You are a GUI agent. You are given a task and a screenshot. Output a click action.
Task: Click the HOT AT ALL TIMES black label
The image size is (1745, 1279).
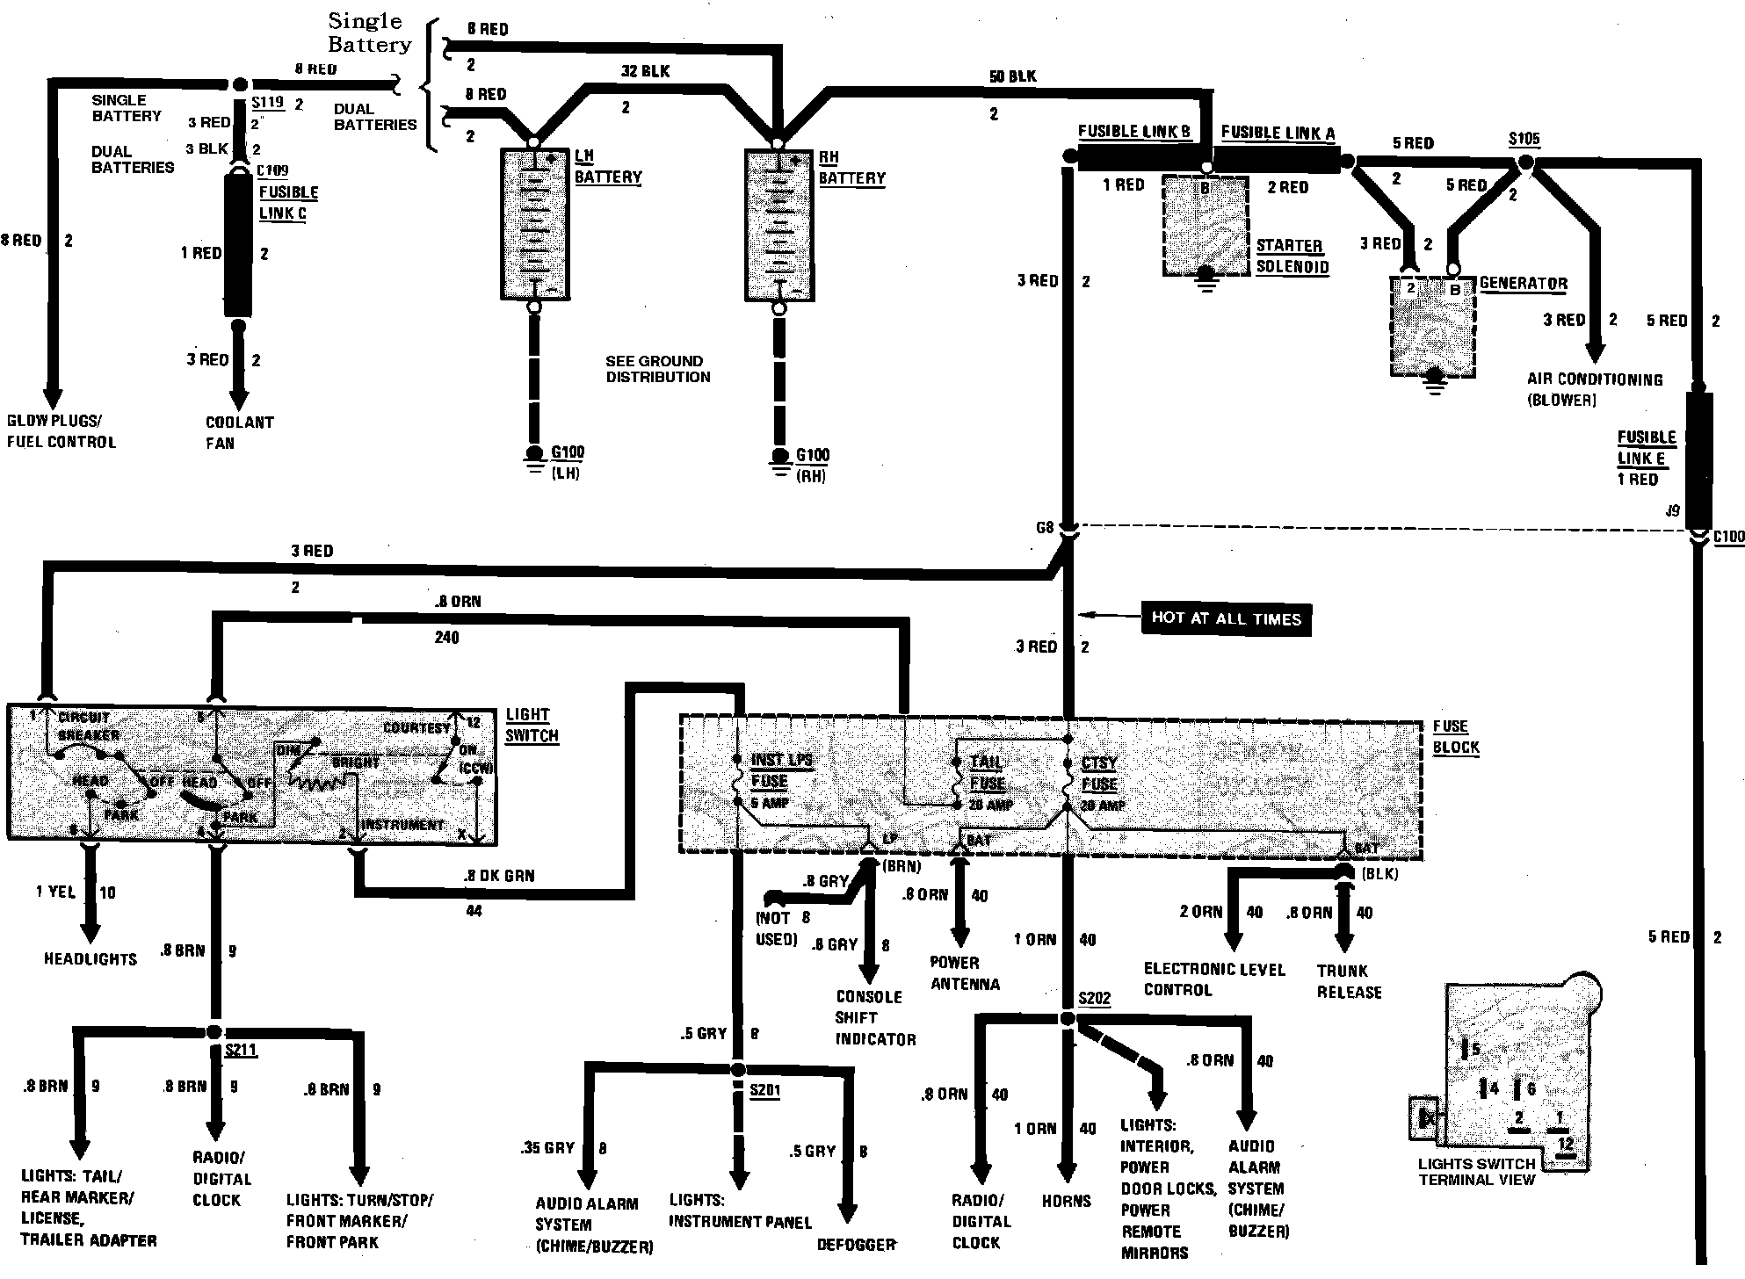[x=1226, y=618]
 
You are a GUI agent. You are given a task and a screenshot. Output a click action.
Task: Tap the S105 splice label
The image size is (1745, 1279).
[x=1524, y=139]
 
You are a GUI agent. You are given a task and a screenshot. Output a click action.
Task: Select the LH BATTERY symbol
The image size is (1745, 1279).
[x=534, y=224]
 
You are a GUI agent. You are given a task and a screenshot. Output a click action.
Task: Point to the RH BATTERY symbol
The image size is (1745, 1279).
[x=778, y=225]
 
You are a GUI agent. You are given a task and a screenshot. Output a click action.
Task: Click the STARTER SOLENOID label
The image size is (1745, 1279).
[x=1291, y=257]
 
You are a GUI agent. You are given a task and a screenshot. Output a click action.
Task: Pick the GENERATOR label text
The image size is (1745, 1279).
[x=1524, y=284]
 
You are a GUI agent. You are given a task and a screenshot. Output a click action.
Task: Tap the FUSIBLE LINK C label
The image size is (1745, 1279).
[x=288, y=203]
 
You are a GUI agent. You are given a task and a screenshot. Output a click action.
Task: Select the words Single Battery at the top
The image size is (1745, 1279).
[x=369, y=33]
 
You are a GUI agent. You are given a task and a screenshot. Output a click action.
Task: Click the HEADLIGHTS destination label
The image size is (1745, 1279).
[x=91, y=959]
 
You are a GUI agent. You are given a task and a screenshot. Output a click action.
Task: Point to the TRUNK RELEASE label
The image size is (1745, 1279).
[x=1348, y=981]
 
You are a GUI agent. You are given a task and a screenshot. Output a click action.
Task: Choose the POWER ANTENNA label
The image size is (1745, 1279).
[x=964, y=973]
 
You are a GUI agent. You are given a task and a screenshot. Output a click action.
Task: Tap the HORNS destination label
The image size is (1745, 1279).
[x=1066, y=1201]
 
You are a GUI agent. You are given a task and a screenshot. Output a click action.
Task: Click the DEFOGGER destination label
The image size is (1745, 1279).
[x=856, y=1245]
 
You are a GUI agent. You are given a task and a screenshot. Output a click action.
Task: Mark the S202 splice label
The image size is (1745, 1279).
[x=1095, y=999]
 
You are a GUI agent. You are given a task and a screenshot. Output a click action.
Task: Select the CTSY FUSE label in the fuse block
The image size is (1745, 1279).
[x=1099, y=774]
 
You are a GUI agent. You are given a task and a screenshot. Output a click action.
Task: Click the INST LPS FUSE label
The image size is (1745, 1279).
[x=780, y=770]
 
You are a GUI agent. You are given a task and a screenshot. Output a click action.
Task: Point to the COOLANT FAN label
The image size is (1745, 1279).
[x=239, y=432]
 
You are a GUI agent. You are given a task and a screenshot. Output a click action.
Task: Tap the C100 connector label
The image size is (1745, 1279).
[x=1728, y=537]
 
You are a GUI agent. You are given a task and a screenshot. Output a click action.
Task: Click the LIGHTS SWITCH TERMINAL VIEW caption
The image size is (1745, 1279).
[x=1476, y=1172]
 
